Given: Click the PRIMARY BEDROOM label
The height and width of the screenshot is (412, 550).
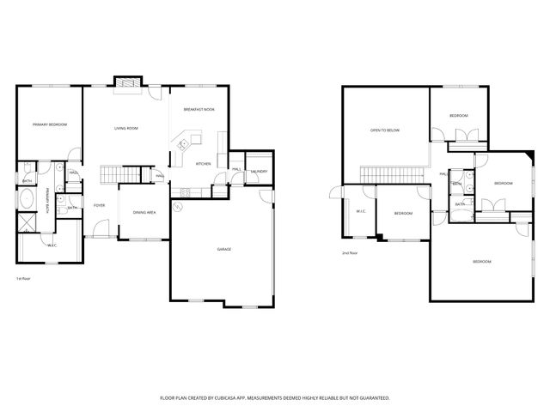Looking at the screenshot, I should (x=50, y=125).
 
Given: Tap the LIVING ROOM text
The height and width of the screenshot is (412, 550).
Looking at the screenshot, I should (x=126, y=129).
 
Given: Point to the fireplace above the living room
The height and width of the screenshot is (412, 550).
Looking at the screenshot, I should (x=126, y=82).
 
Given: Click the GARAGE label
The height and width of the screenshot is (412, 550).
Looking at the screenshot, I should (x=223, y=249).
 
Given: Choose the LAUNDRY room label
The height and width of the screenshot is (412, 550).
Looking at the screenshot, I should (x=260, y=171).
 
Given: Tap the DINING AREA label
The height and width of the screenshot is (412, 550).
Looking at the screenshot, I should (x=144, y=212).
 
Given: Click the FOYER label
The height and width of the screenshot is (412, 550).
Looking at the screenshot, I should (x=100, y=205).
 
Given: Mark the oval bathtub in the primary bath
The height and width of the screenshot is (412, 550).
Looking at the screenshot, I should (x=27, y=203).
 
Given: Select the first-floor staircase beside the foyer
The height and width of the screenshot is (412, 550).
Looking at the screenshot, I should (x=119, y=176).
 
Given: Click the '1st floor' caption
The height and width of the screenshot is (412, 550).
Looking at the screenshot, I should (x=23, y=279).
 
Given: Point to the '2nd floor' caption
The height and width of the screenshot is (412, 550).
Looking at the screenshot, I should (x=349, y=253).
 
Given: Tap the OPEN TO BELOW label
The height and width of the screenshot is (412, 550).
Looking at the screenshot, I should (x=384, y=130).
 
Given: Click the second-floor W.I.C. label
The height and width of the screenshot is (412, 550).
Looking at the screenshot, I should (x=361, y=212).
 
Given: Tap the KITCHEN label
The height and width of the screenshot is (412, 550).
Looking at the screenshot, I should (x=204, y=164).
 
